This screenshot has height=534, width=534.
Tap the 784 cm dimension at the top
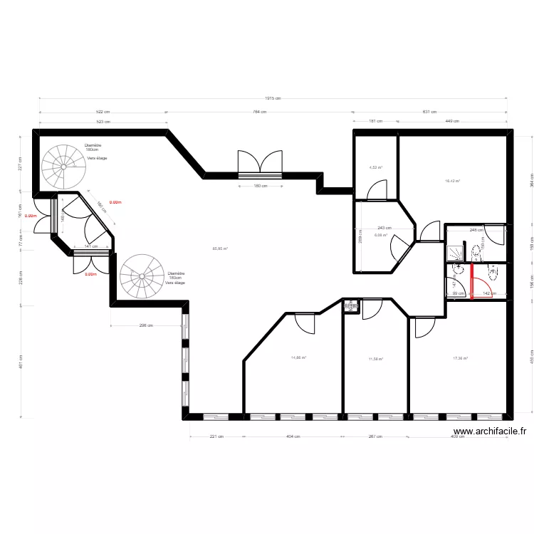[259, 112]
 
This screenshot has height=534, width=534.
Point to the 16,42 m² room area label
[452, 181]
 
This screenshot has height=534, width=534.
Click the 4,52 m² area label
[375, 168]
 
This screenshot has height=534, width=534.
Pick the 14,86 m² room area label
[298, 357]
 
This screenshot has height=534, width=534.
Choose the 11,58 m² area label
[375, 359]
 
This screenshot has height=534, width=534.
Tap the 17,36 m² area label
[461, 358]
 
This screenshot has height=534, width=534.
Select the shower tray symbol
[454, 253]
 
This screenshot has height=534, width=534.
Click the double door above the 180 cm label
[261, 164]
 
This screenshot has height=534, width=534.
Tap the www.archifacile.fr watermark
[489, 431]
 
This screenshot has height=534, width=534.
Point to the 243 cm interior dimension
[384, 228]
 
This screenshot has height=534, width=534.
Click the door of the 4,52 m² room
[375, 190]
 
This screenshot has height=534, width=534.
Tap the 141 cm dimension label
[90, 246]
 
